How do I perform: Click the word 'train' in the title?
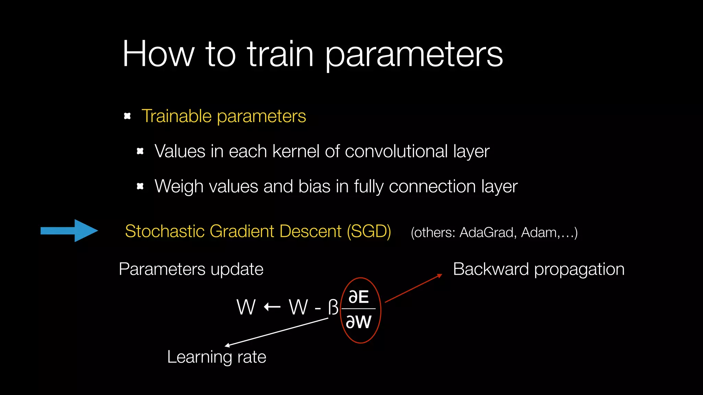pos(280,54)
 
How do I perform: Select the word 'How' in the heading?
pos(158,54)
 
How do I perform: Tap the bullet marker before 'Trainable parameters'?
pos(127,116)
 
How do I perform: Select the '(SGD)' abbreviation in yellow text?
pos(369,231)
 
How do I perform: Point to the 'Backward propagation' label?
pos(538,269)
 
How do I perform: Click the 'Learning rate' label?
pos(217,357)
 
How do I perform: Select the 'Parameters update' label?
pos(191,269)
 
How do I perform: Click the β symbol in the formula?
pos(333,307)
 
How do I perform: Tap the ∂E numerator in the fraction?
pos(358,297)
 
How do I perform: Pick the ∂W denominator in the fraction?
pos(358,322)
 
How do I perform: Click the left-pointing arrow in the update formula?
pos(272,306)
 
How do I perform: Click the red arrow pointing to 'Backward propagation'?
pos(413,288)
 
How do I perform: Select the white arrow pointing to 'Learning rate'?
pos(277,332)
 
